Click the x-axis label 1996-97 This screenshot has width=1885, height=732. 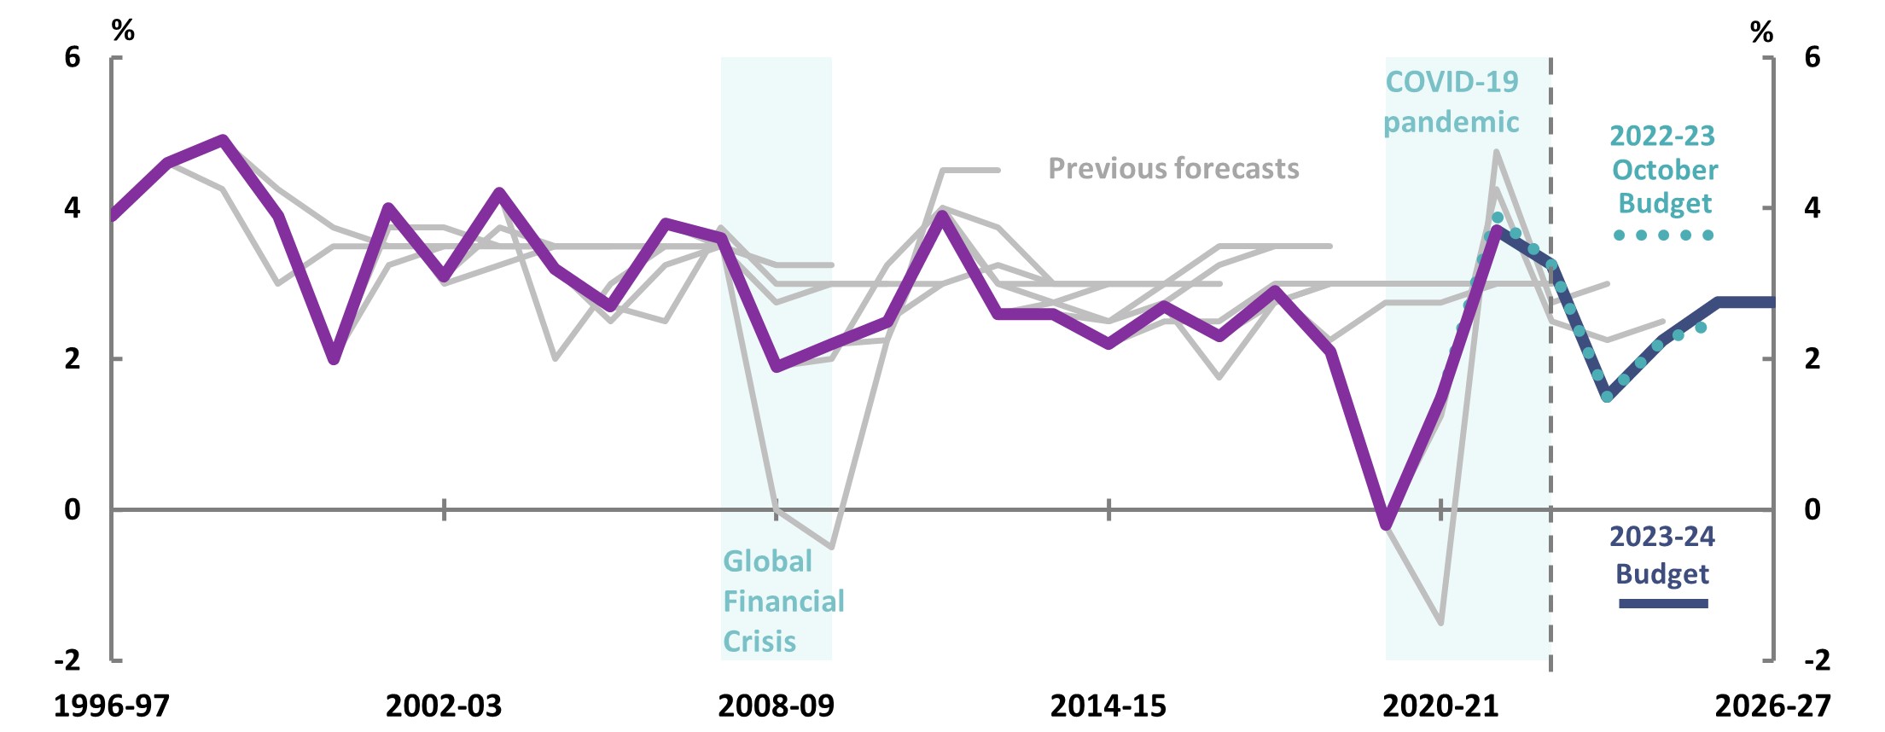click(x=112, y=706)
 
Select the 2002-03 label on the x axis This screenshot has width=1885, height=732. click(x=444, y=706)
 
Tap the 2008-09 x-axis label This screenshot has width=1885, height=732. click(x=776, y=706)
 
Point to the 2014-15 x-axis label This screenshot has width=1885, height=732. click(x=1108, y=706)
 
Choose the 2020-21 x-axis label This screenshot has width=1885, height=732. click(x=1440, y=706)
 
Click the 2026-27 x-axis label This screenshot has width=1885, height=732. click(x=1772, y=706)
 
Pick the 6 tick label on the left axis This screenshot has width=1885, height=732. click(x=73, y=57)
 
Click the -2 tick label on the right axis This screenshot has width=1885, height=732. click(x=1817, y=659)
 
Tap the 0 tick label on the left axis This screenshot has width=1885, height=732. click(x=73, y=509)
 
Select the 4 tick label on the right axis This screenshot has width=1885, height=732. click(x=1812, y=207)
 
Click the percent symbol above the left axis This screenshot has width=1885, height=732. click(x=123, y=31)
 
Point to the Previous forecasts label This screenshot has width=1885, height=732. click(x=1173, y=169)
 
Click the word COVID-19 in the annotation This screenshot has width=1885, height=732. click(x=1452, y=82)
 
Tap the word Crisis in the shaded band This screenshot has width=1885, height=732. click(x=759, y=642)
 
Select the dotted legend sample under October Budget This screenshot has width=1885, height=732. click(x=1663, y=235)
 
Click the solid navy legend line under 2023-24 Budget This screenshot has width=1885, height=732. click(x=1663, y=604)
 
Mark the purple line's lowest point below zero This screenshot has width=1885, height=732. click(x=1386, y=524)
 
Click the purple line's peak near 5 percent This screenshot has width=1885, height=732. click(x=223, y=139)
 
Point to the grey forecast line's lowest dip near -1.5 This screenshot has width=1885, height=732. click(x=1440, y=622)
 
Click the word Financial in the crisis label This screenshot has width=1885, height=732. click(x=783, y=601)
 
